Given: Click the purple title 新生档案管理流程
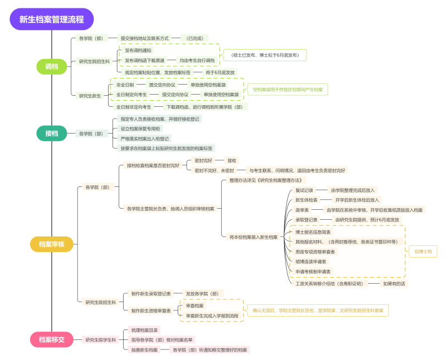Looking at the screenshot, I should click(x=52, y=19).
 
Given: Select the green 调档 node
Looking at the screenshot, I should click(x=52, y=66).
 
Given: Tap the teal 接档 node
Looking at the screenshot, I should click(x=52, y=134).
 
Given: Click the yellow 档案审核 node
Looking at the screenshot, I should click(x=52, y=244).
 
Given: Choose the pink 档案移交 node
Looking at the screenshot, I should click(x=52, y=339).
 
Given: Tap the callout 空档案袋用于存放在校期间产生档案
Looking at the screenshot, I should click(x=290, y=89).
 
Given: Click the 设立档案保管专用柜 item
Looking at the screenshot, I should click(x=140, y=129).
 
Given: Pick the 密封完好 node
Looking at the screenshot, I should click(x=203, y=160).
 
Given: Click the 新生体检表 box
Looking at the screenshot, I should click(x=306, y=200).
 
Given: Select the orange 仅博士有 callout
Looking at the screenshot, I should click(x=423, y=251).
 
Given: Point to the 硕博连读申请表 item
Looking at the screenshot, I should click(x=311, y=262).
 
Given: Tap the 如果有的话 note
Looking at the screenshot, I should click(x=394, y=283).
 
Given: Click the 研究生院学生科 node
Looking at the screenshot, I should click(x=100, y=339).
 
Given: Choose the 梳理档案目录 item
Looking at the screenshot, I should click(x=145, y=330).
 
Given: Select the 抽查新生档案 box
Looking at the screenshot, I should click(x=144, y=350).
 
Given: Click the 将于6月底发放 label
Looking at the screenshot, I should click(x=220, y=72).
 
